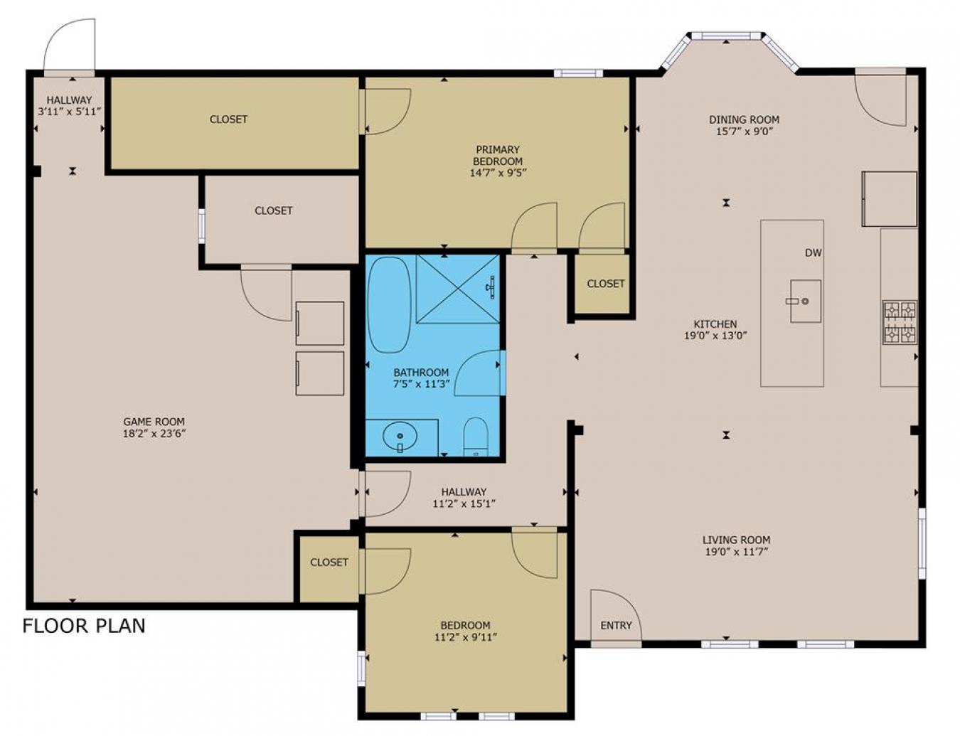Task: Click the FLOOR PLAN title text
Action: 84,626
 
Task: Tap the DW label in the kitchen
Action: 813,252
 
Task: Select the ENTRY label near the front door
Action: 616,625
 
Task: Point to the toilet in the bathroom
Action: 475,435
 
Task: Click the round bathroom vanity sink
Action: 400,436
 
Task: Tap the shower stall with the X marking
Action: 457,288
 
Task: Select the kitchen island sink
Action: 805,301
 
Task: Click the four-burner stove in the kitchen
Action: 900,322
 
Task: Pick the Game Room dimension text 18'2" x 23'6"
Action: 154,432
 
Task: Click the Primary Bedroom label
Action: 498,155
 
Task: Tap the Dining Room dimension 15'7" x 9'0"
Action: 744,131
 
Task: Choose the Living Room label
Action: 736,540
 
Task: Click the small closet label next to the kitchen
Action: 605,283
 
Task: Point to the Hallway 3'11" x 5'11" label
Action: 70,105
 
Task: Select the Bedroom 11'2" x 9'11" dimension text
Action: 465,637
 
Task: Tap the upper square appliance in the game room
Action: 320,323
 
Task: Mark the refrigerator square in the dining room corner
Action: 889,198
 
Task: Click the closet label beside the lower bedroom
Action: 329,562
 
